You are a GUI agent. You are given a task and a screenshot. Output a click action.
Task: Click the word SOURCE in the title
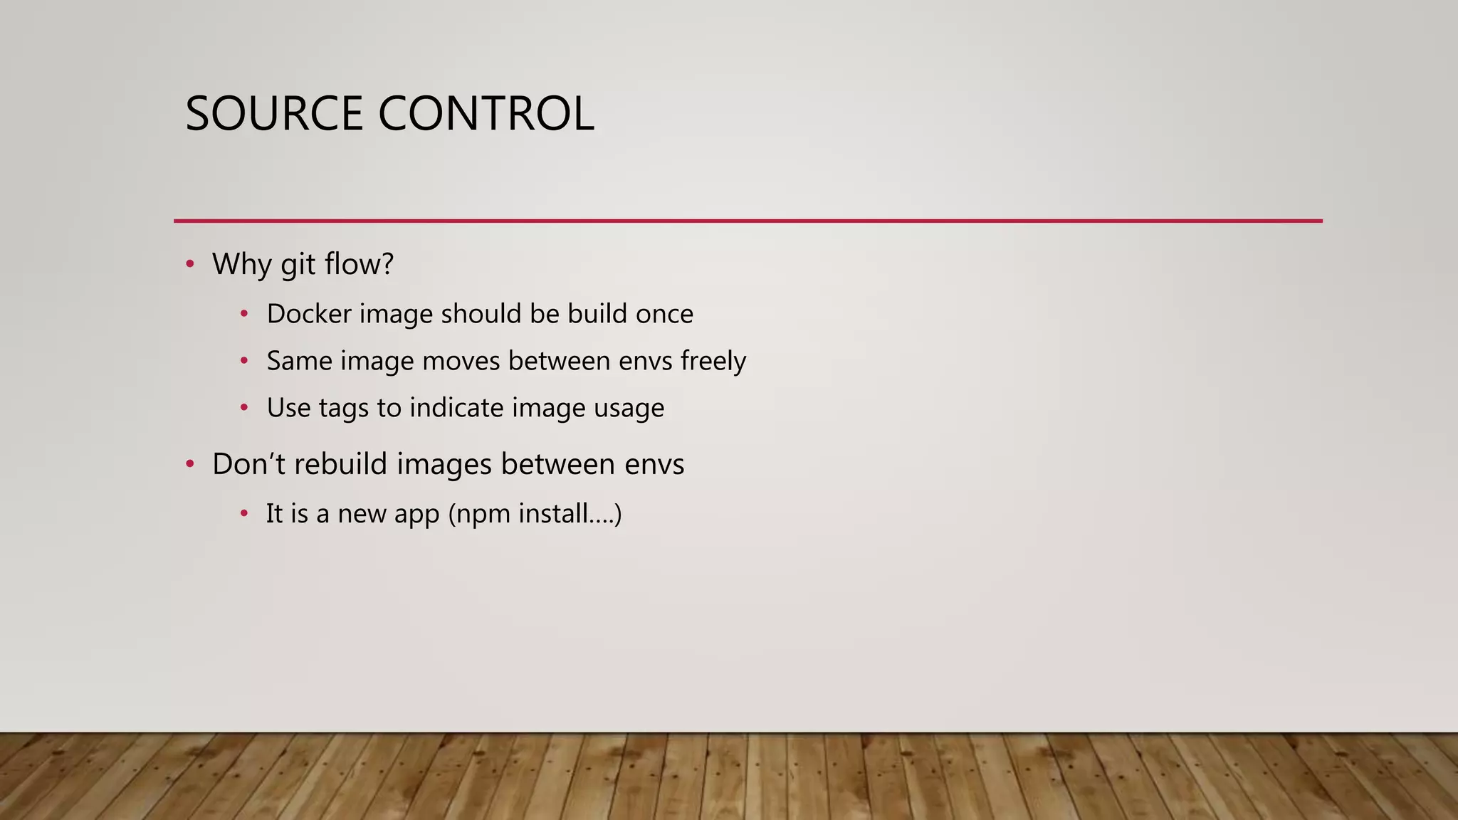(274, 114)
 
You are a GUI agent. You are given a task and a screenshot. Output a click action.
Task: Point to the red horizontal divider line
(748, 221)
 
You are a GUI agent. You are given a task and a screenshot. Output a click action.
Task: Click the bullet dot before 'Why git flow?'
(189, 265)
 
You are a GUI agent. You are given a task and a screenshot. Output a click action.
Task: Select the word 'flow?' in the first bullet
(359, 264)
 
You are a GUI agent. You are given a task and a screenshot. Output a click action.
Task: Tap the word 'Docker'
(309, 314)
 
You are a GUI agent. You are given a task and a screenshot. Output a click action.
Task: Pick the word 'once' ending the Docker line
(664, 314)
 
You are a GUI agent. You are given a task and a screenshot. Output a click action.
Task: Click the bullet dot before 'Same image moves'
(244, 361)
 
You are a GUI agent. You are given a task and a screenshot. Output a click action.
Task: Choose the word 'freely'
(713, 362)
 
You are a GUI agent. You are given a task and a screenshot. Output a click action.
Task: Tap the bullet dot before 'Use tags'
(244, 408)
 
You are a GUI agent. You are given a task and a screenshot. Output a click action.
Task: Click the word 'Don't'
(249, 464)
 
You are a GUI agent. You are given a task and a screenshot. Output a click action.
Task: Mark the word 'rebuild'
(341, 464)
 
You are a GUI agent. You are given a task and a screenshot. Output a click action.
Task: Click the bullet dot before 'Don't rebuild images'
(189, 465)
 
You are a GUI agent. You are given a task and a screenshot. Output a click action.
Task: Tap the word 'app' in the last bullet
(416, 515)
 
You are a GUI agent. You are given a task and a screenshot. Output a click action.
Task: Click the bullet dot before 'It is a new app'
(244, 513)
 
